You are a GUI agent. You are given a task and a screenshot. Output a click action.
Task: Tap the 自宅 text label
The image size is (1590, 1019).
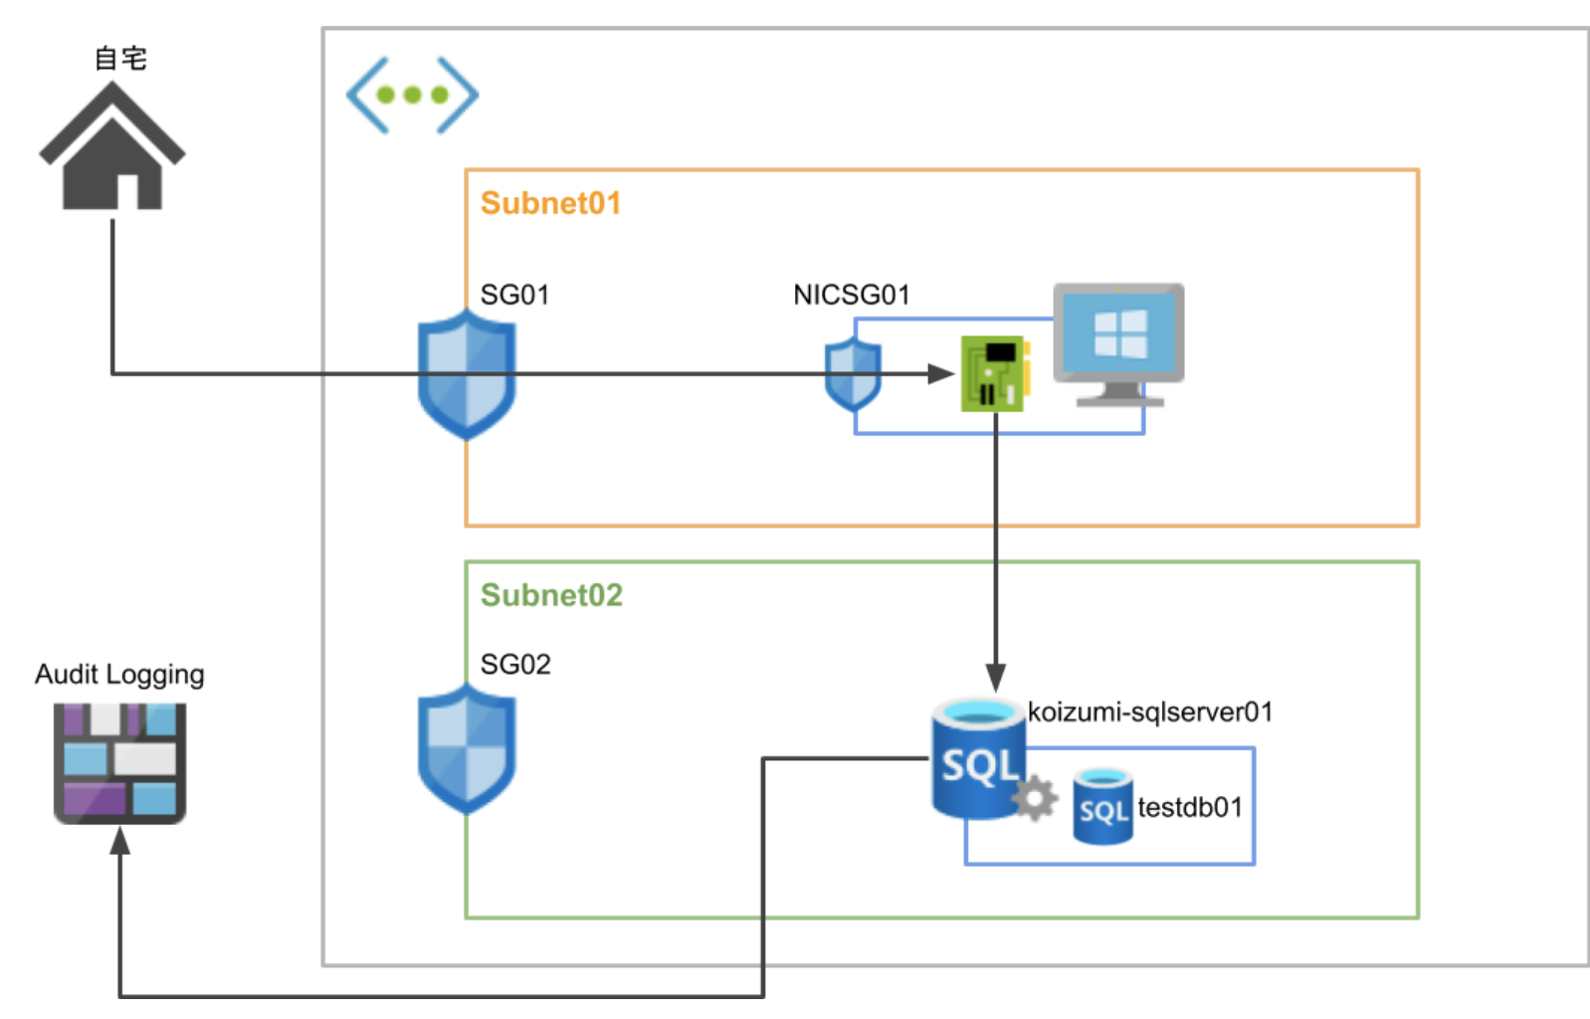tap(120, 59)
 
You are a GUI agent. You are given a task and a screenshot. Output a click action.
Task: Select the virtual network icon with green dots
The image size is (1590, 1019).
tap(412, 96)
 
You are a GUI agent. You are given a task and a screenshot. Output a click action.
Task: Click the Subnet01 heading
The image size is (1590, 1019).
tap(550, 203)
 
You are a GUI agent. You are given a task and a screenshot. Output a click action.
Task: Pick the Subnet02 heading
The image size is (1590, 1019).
tap(551, 595)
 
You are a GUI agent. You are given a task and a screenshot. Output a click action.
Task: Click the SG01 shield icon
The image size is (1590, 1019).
tap(466, 374)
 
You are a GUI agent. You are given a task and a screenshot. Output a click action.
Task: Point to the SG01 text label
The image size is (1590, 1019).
tap(514, 295)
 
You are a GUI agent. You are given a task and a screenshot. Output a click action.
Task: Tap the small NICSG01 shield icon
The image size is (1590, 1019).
tap(853, 374)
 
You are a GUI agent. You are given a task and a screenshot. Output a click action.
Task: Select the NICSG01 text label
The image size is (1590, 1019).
tap(851, 295)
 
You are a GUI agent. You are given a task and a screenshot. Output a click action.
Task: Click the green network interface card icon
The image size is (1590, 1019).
tap(994, 374)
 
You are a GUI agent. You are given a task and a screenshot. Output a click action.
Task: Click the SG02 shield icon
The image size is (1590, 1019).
tap(466, 748)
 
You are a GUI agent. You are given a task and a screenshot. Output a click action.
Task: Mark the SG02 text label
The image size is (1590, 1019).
tap(515, 664)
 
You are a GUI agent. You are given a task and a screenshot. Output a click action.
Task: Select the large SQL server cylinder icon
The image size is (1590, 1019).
tap(977, 758)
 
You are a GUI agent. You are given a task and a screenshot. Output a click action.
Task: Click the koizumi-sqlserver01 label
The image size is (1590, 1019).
tap(1149, 712)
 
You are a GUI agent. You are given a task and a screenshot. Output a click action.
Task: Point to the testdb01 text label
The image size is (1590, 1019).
tap(1190, 807)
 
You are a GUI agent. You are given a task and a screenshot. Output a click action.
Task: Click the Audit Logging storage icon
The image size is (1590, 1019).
tap(119, 763)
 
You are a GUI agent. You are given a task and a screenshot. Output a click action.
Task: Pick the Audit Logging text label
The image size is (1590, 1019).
tap(119, 675)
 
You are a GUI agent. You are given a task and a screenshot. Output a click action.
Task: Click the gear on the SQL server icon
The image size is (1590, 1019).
tap(1035, 798)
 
